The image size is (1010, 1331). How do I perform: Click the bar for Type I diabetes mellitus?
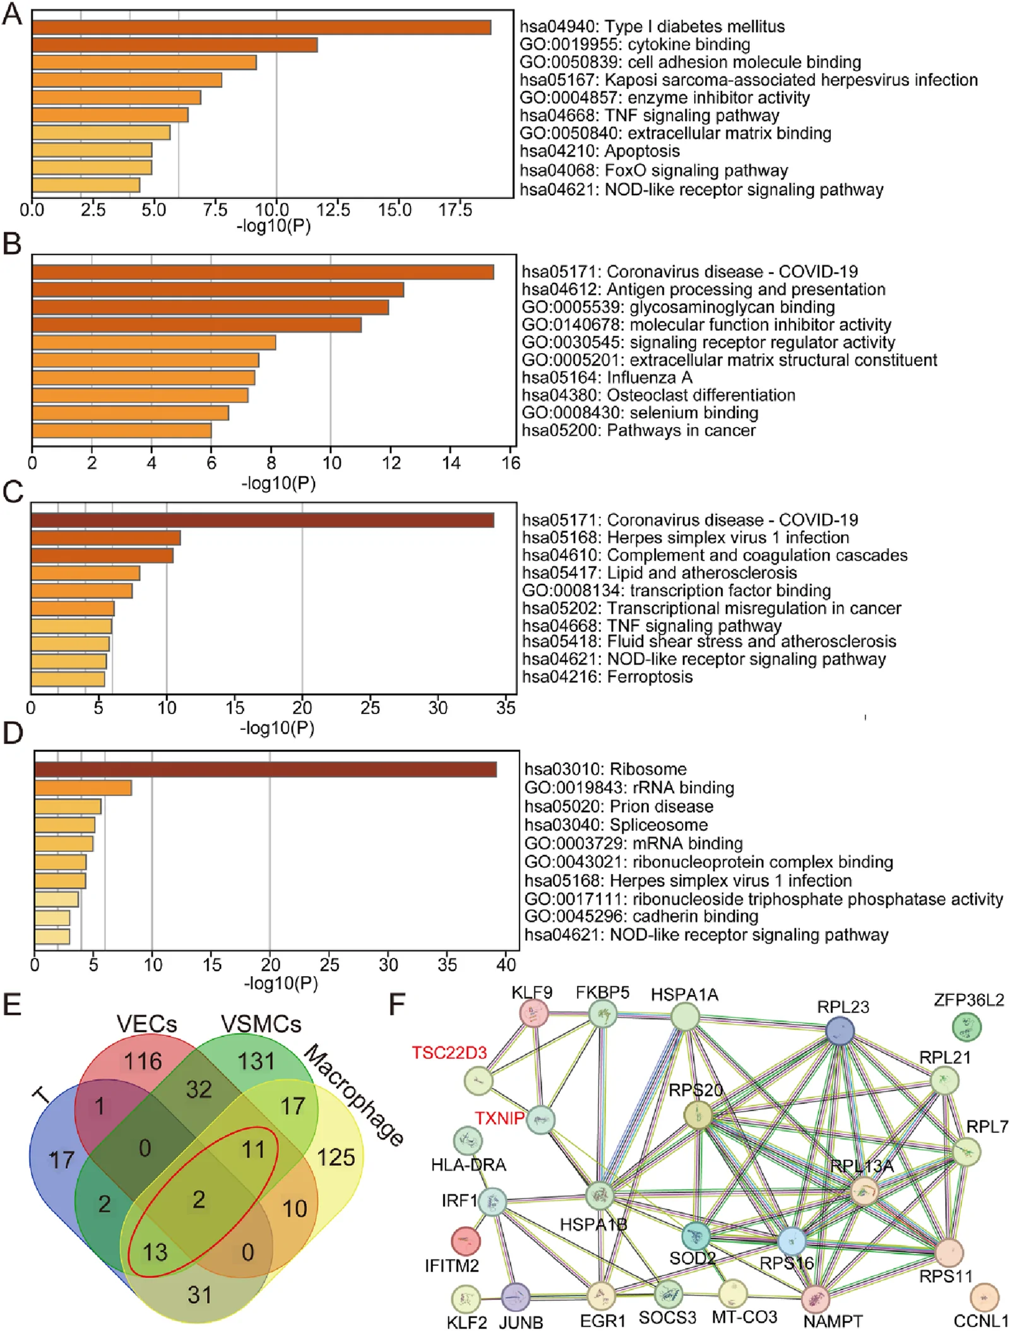point(261,27)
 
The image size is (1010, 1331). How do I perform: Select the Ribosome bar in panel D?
point(266,770)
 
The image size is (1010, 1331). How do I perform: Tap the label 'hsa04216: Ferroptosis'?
point(607,677)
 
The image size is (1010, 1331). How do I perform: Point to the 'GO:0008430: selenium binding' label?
point(640,413)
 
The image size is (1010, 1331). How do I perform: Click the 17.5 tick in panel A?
point(455,210)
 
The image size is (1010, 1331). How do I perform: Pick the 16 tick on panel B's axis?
point(511,463)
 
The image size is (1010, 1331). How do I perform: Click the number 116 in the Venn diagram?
point(143,1061)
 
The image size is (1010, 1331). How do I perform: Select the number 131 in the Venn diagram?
point(256,1061)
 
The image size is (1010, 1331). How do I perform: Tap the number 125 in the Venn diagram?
point(336,1157)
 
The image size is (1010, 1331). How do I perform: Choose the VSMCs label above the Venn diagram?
point(261,1024)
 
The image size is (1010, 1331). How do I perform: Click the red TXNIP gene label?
point(499,1118)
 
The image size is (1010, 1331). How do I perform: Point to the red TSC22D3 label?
point(449,1053)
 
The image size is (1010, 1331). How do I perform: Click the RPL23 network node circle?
point(840,1031)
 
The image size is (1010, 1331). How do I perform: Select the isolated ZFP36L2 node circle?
point(966,1027)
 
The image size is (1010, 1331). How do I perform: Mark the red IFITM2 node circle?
point(465,1241)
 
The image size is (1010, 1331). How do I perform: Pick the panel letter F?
point(396,1005)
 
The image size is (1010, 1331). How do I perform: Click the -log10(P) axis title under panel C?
point(277,728)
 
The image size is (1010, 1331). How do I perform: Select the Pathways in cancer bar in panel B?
point(122,431)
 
